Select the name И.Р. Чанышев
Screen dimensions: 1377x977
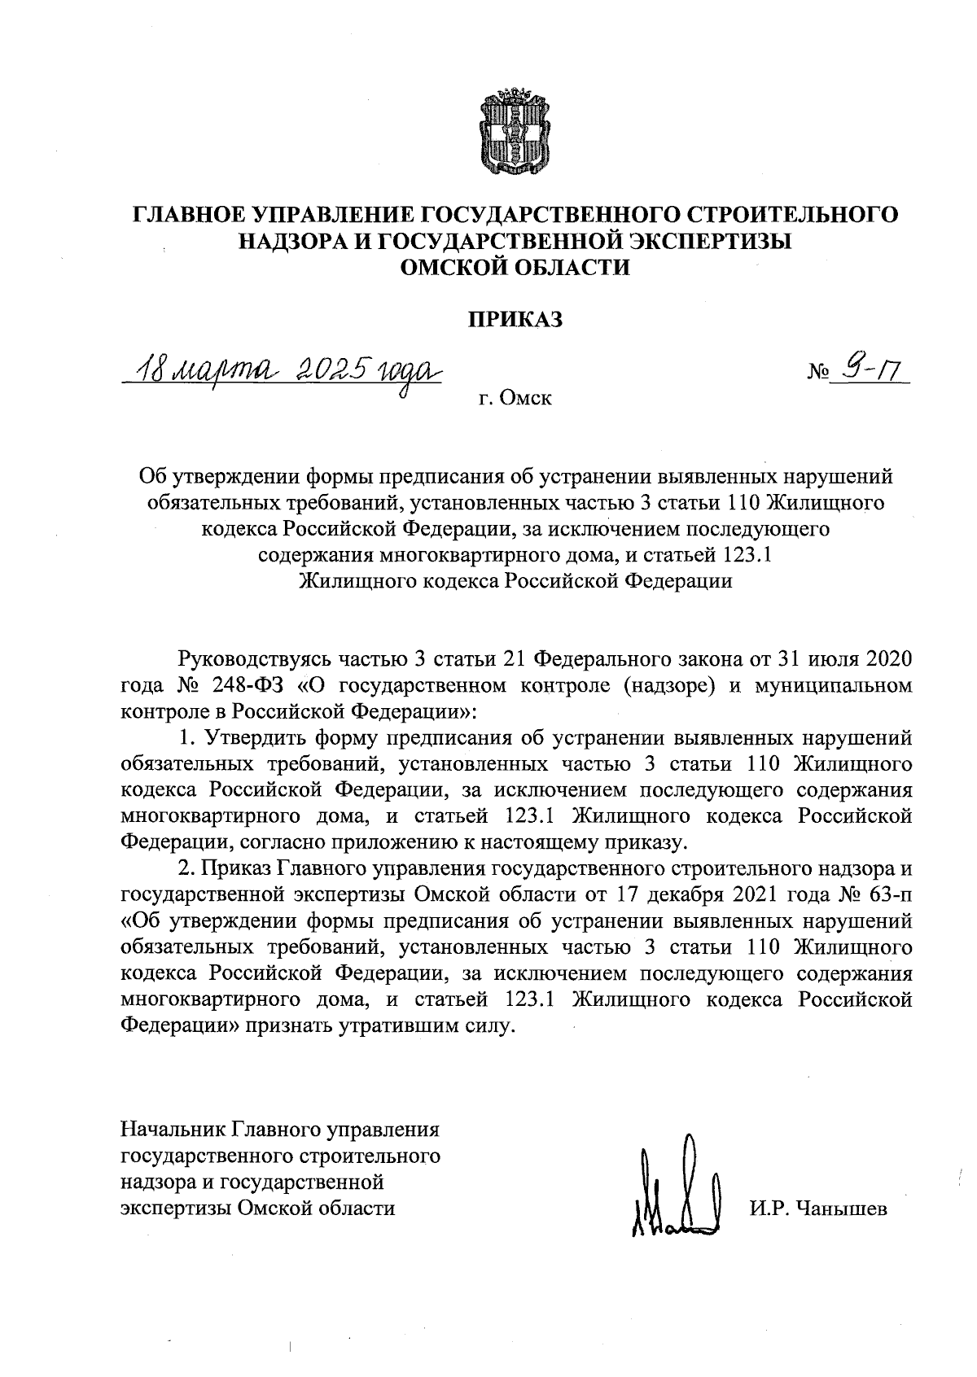click(x=817, y=1208)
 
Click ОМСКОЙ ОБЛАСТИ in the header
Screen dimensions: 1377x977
click(x=514, y=267)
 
